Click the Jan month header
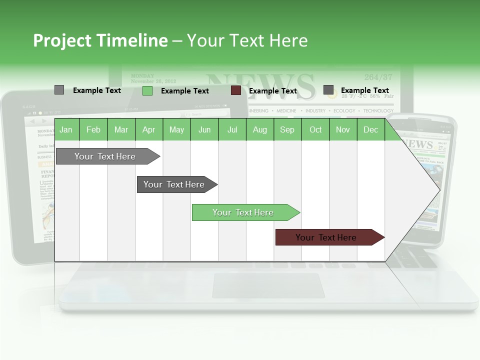tap(66, 130)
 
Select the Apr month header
tap(149, 130)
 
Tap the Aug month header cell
tap(260, 130)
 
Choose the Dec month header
tap(370, 130)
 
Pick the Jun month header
tap(204, 130)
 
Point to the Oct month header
tap(315, 130)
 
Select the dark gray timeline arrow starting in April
tap(175, 184)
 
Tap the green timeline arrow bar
tap(244, 212)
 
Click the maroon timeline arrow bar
tap(327, 237)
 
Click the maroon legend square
tap(236, 90)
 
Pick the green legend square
tap(147, 90)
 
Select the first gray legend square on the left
tap(59, 90)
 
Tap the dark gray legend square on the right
tap(328, 90)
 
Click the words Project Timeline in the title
tap(100, 40)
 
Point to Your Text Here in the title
tap(247, 40)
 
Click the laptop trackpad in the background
tap(268, 285)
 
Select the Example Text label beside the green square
tap(185, 91)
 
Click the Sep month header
tap(287, 130)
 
